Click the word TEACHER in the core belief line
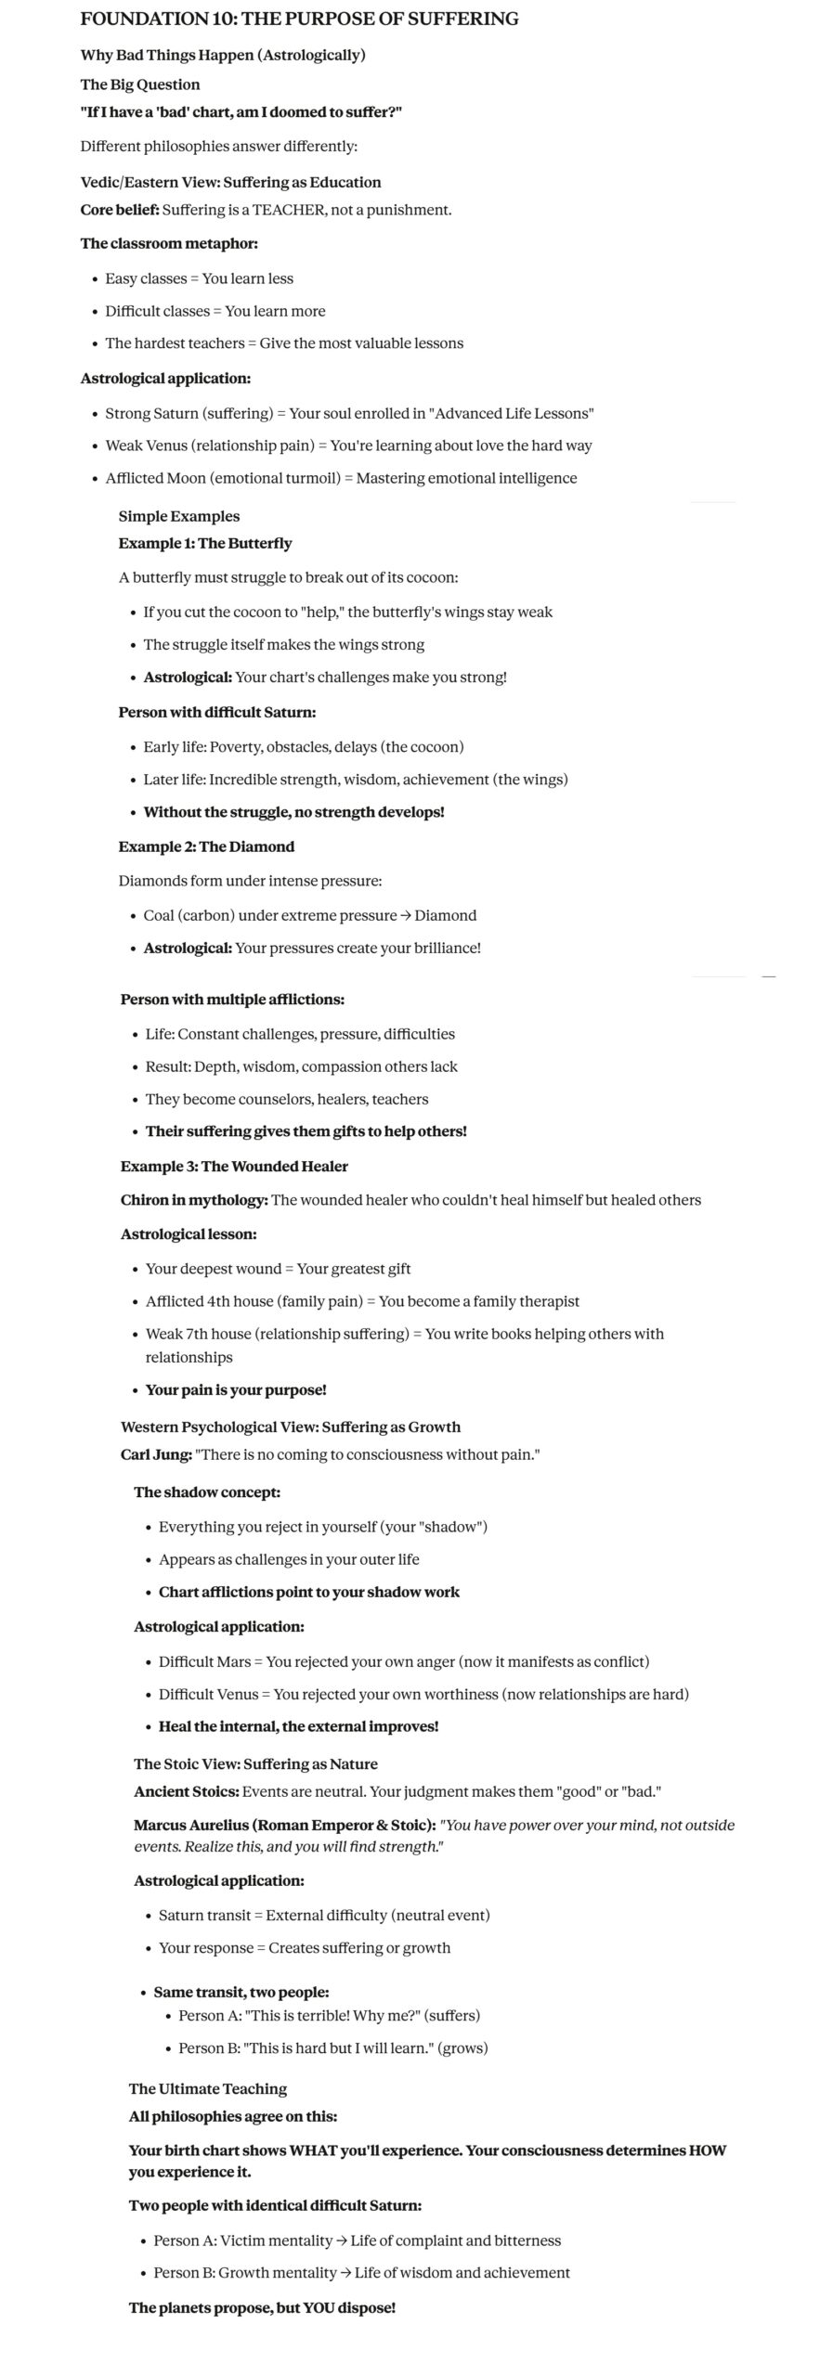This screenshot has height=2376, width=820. tap(289, 210)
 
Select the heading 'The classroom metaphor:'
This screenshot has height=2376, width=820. tap(169, 243)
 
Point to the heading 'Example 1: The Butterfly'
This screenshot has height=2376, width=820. tap(205, 543)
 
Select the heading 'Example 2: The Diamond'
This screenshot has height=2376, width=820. tap(206, 846)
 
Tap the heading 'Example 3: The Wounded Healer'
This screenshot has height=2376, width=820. tap(234, 1166)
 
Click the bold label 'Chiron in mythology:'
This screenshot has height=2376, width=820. tap(194, 1200)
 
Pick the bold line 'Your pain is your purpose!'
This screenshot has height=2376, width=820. tap(236, 1389)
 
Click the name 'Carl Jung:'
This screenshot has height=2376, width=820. tap(156, 1454)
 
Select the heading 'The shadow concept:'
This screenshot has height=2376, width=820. tap(207, 1492)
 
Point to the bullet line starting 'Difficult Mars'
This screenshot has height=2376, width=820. tap(404, 1661)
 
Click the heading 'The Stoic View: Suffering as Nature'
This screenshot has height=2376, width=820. tap(255, 1763)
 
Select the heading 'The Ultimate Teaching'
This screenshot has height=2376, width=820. tap(208, 2088)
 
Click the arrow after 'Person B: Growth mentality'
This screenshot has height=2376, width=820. tap(344, 2272)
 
